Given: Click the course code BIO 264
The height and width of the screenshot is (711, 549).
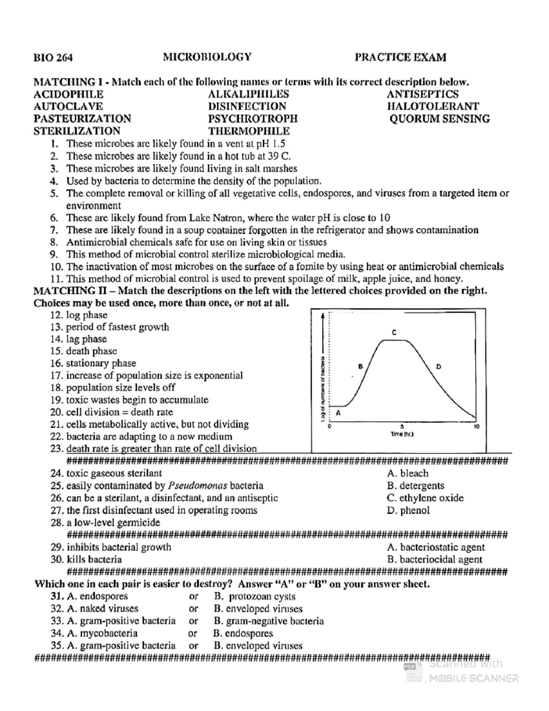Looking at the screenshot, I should point(53,58).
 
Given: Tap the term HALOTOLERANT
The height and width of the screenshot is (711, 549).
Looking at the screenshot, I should point(433,107).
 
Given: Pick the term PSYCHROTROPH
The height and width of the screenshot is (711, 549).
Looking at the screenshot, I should point(253,119).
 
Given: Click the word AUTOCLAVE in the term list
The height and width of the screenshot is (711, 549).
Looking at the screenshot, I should point(68,107).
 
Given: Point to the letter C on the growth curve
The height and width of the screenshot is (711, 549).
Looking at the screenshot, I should point(394,332).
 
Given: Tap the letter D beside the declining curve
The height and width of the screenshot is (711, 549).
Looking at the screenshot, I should point(439,366).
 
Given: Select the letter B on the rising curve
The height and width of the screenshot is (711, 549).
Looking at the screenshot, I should point(360,366).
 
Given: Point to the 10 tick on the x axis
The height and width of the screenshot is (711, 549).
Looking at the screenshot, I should point(476,426).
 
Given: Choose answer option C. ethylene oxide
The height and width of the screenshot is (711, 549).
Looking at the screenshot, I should point(425,498).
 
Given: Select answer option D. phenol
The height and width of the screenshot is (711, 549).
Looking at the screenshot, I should point(408,510).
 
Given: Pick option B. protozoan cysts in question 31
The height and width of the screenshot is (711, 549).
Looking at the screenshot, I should point(254,597).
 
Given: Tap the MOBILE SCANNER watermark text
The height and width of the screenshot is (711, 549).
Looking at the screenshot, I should point(474,678).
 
